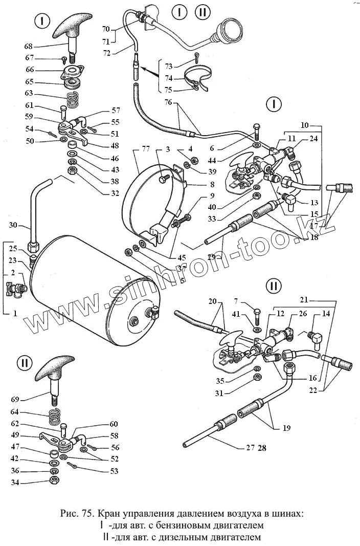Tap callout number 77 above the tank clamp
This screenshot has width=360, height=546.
(x=146, y=149)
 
